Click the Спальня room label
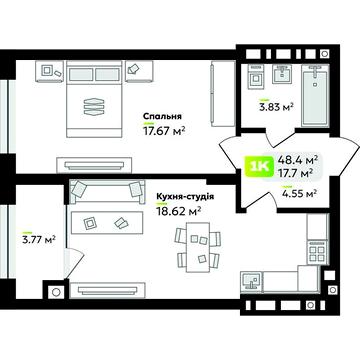click(162, 116)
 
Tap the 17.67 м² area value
click(164, 131)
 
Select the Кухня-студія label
click(185, 197)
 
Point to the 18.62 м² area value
click(178, 211)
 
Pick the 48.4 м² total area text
click(297, 160)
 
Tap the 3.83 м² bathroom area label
click(276, 107)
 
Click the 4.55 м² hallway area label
click(298, 193)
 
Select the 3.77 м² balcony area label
click(39, 239)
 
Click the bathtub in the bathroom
click(314, 95)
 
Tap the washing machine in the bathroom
click(256, 77)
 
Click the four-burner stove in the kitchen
click(317, 252)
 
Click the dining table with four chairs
click(198, 247)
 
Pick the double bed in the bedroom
click(94, 99)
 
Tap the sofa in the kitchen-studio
click(107, 194)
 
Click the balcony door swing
click(73, 263)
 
